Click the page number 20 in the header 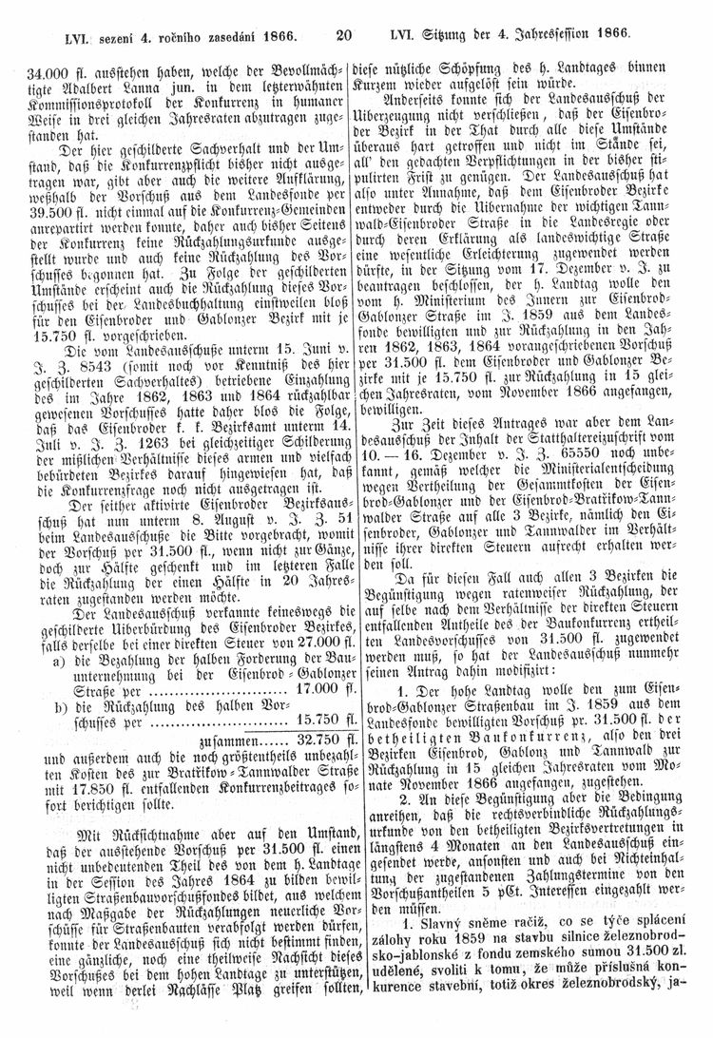tap(344, 37)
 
